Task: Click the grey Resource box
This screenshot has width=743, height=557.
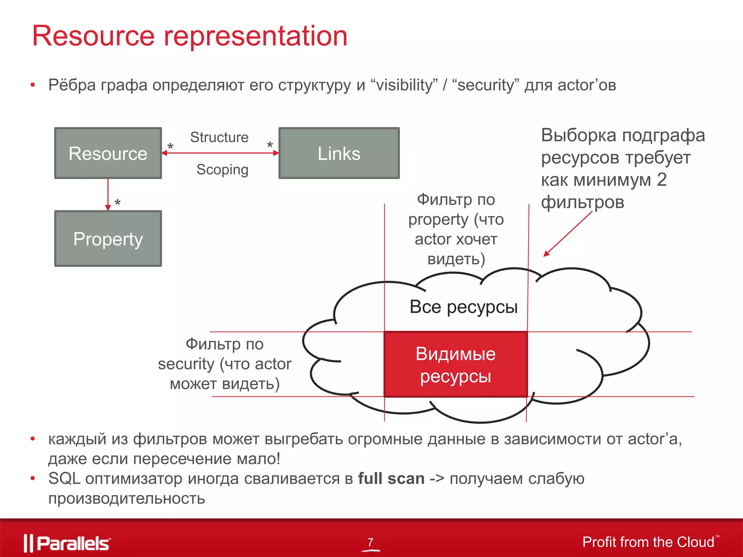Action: [108, 153]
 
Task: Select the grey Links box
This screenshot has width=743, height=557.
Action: [339, 153]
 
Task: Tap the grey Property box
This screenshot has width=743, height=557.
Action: [108, 239]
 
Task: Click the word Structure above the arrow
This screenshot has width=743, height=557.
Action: [219, 137]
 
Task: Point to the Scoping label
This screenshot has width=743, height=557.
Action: [222, 169]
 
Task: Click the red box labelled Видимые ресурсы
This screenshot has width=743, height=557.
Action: [455, 364]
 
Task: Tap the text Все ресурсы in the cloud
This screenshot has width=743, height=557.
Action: [463, 307]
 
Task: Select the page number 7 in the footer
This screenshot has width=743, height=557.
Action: [370, 542]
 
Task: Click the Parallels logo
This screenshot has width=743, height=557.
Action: [67, 543]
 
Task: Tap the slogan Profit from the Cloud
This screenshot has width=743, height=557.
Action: [648, 542]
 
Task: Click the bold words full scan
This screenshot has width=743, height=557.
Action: [391, 479]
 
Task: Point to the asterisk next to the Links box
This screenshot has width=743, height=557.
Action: [270, 145]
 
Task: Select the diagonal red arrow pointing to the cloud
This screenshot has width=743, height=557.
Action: [567, 234]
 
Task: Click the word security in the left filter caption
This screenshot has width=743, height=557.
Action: [186, 364]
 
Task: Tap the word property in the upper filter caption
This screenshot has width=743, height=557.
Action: [438, 219]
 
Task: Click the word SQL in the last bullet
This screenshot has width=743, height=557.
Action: [64, 479]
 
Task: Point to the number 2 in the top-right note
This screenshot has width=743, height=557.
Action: [661, 180]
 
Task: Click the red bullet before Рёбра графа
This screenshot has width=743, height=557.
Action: [33, 85]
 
